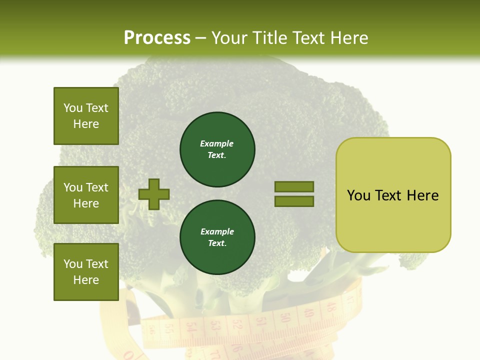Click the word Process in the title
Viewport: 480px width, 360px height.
(157, 37)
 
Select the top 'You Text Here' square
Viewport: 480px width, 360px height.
(86, 116)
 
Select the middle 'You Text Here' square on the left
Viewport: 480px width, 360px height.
(86, 195)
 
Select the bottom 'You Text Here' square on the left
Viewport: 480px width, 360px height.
(86, 272)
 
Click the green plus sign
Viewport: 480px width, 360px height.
(154, 194)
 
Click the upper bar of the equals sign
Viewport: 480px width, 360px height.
(294, 186)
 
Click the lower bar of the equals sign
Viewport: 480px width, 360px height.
(294, 201)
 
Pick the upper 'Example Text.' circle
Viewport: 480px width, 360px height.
(217, 149)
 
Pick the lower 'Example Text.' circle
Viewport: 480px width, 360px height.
(217, 237)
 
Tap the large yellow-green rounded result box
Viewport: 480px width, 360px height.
(393, 195)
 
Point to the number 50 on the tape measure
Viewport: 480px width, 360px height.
(285, 318)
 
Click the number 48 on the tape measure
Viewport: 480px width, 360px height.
(330, 307)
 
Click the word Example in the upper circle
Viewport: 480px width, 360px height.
(217, 143)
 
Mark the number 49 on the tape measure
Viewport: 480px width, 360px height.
(309, 313)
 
